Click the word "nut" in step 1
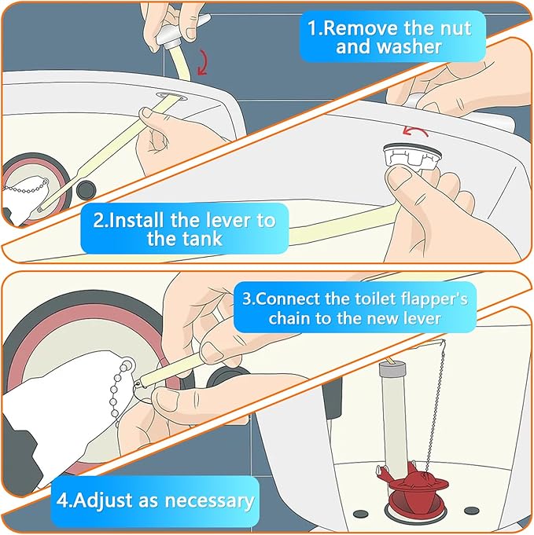point(456,28)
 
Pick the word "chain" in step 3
point(289,318)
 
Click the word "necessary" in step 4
point(209,501)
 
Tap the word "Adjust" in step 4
point(103,501)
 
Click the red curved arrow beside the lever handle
point(203,62)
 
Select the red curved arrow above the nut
point(414,130)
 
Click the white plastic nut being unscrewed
point(411,158)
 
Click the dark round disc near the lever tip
point(86,190)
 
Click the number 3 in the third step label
point(247,299)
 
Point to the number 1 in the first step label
point(312,28)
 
